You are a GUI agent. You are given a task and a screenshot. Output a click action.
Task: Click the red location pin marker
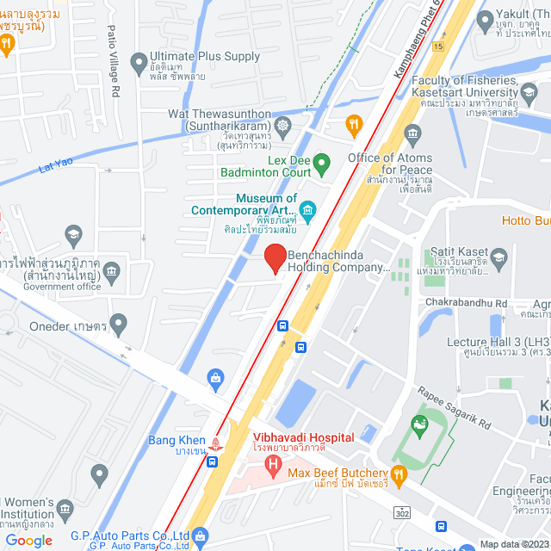click(275, 257)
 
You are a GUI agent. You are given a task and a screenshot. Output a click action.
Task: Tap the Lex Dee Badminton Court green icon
click(321, 162)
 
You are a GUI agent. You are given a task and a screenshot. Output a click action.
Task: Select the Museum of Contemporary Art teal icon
click(307, 209)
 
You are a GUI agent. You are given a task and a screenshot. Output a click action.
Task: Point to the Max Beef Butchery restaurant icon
click(398, 473)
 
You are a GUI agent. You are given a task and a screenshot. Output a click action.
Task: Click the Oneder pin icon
click(118, 325)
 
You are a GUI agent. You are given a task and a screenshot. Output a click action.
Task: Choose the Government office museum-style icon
click(111, 273)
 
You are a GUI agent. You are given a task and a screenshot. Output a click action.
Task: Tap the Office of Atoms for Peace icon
click(412, 133)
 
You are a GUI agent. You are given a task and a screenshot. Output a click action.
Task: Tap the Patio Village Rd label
click(112, 49)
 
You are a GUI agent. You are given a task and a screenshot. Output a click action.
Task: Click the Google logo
click(28, 540)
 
